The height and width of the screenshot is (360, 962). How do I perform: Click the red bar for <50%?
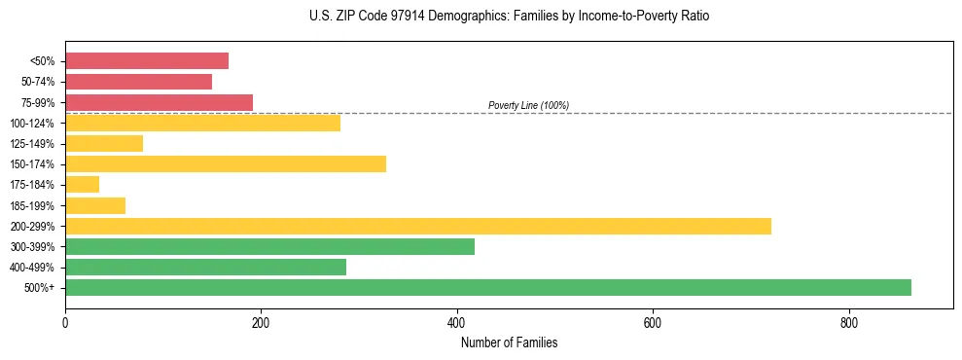[x=147, y=61]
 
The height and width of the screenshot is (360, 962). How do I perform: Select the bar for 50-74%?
[x=138, y=82]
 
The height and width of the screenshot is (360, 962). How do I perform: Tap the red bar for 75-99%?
[x=159, y=102]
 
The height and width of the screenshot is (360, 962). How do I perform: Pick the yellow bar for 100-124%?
[x=202, y=123]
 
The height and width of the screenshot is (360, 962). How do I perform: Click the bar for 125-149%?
[x=104, y=144]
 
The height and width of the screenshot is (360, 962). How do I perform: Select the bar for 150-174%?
[x=226, y=164]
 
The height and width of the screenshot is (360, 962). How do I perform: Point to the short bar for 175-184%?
[x=82, y=185]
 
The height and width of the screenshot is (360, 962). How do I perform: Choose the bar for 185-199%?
[x=95, y=205]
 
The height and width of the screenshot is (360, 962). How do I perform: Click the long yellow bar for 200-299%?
[x=418, y=226]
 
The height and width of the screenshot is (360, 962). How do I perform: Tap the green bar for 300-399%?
[x=269, y=246]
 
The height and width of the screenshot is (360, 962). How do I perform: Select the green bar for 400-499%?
[x=205, y=267]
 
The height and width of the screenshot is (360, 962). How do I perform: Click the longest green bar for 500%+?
[x=488, y=287]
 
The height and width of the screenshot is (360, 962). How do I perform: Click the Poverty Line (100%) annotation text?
[x=528, y=105]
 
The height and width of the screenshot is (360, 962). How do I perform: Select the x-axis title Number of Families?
[x=509, y=342]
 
